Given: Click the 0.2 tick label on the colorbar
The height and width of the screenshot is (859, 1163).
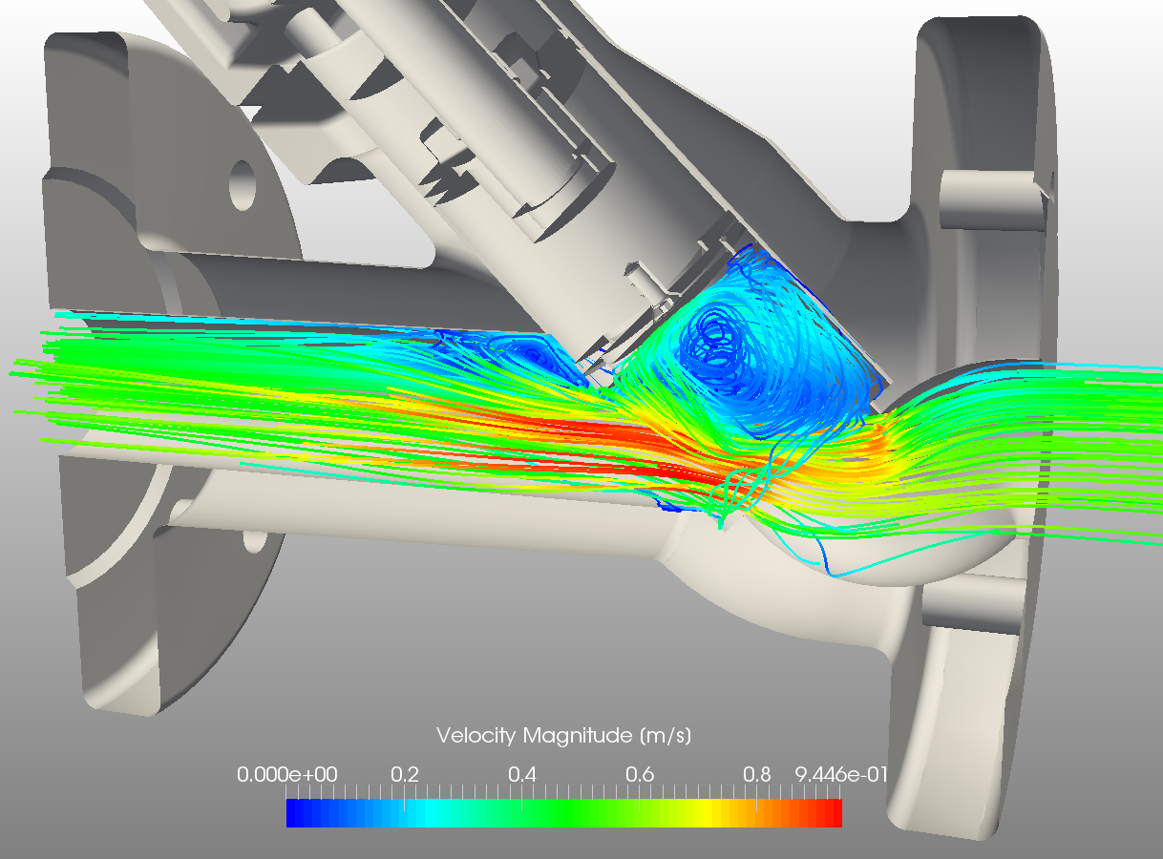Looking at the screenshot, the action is pos(404,774).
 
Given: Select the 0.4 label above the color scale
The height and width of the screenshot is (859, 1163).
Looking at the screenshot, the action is pos(521,774).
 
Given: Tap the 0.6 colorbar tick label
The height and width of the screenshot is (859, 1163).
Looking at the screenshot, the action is pos(639,774).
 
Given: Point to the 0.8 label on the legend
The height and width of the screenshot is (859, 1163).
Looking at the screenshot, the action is pos(756,774).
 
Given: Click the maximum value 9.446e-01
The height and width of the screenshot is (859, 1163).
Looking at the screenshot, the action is pos(841,774).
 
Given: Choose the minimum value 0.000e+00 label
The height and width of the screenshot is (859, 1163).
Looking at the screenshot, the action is pos(286,774).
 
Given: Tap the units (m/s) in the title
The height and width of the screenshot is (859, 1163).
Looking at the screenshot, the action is pos(665,736).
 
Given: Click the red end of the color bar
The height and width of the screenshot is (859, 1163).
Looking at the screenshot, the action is pos(834,813).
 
